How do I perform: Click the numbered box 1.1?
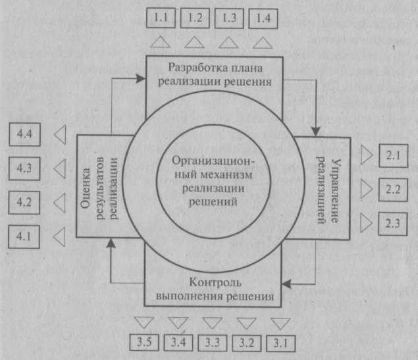point(161,18)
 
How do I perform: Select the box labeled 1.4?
point(263,18)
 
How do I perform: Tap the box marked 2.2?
point(393,190)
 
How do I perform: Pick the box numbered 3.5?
point(144,342)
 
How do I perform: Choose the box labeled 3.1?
point(280,344)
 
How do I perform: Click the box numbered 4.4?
point(24,134)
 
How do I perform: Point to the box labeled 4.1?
point(24,237)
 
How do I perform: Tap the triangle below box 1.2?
point(195,42)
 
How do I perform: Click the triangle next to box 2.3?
point(367,222)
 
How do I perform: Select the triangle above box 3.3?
point(212,323)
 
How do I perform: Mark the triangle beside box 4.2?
point(60,203)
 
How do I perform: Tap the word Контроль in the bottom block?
point(215,283)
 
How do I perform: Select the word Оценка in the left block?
point(85,188)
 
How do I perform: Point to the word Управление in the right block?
point(336,191)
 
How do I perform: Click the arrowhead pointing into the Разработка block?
point(141,78)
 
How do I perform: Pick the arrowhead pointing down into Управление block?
point(316,132)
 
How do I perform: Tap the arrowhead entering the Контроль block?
point(286,284)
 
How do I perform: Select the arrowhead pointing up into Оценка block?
point(111,243)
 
